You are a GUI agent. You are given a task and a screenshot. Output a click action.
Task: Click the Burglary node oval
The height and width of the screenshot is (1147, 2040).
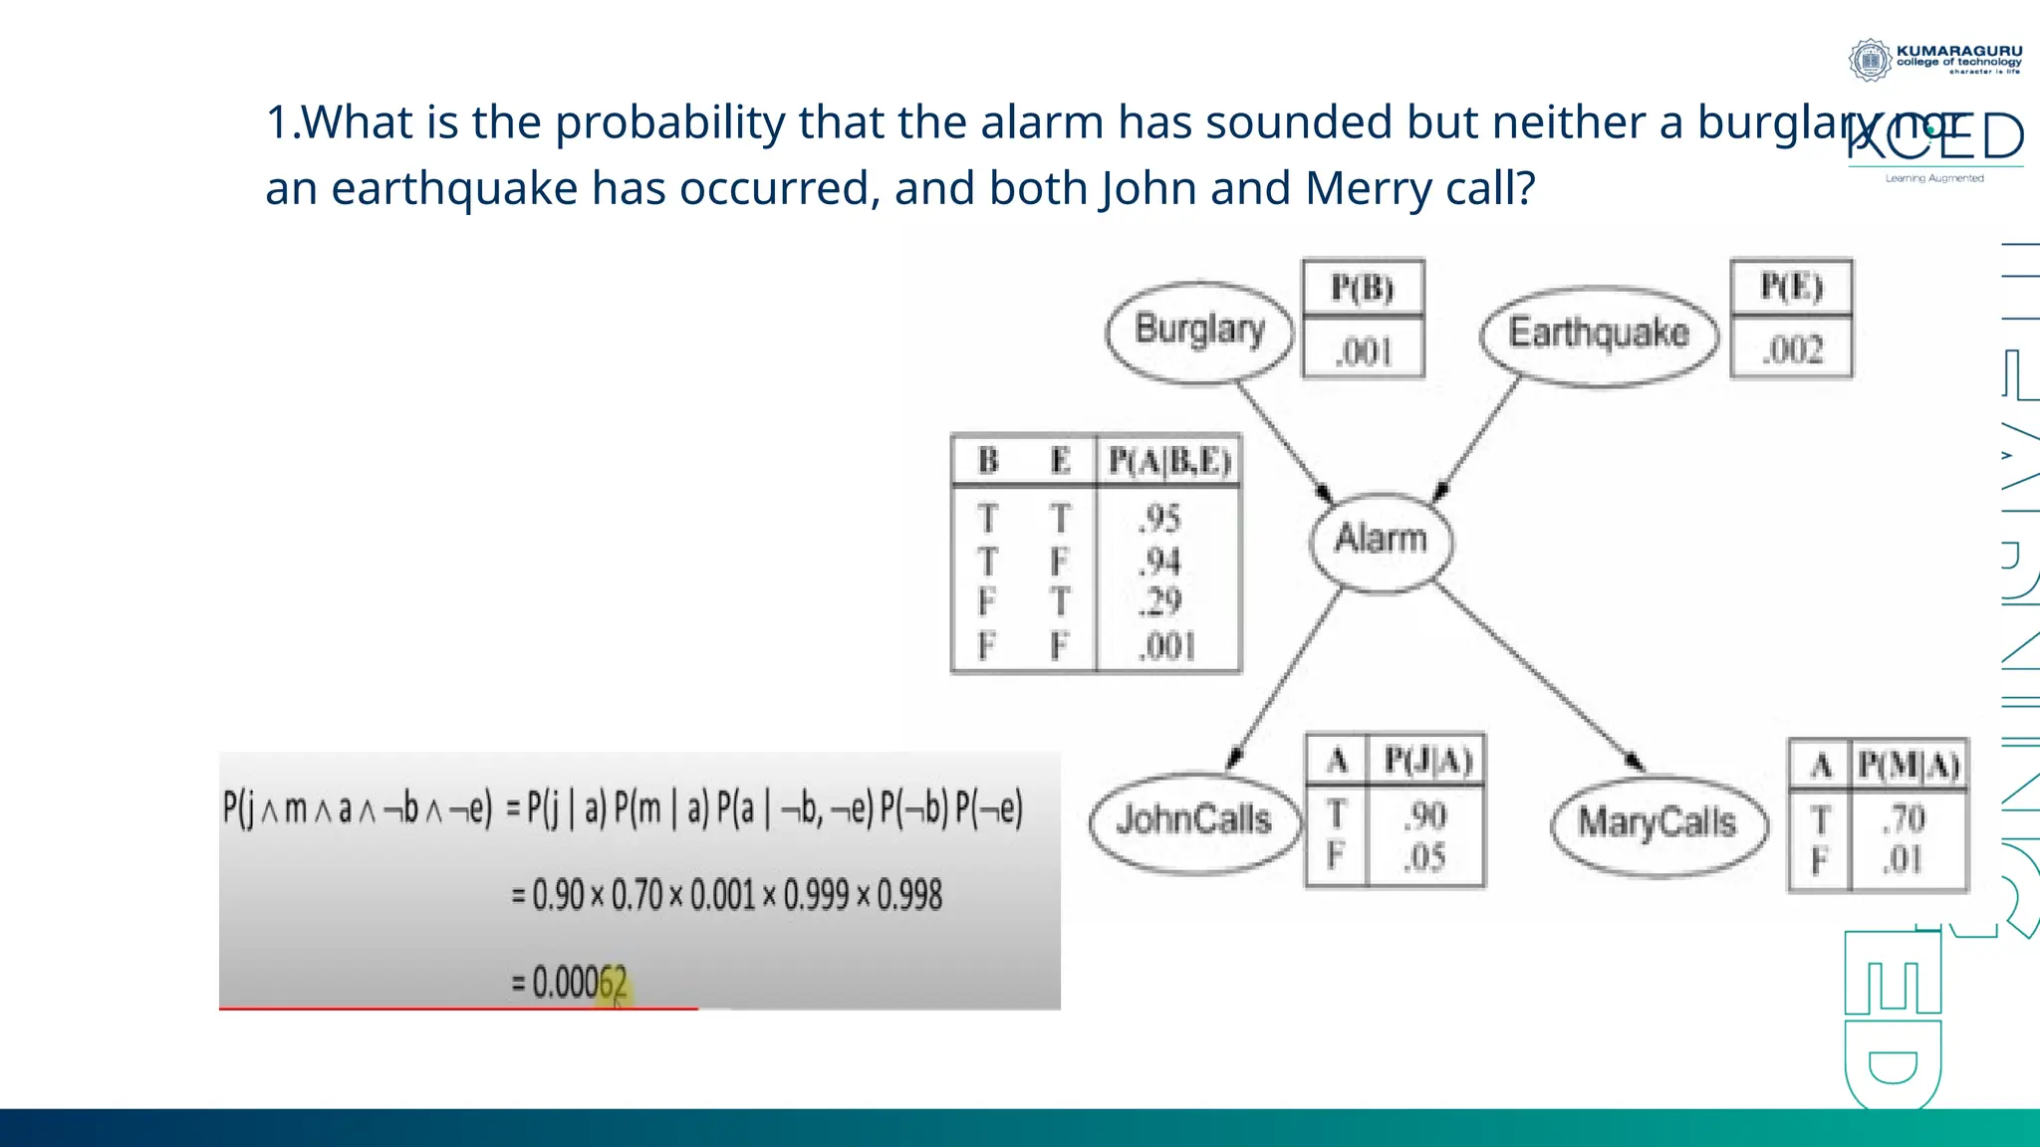click(x=1199, y=331)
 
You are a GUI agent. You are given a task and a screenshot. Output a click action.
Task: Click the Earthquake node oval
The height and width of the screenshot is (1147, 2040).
click(x=1599, y=335)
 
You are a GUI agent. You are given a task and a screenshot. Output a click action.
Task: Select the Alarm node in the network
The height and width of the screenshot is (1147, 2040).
click(x=1381, y=540)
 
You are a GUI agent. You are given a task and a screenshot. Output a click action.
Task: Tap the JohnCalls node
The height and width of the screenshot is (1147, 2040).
click(x=1193, y=821)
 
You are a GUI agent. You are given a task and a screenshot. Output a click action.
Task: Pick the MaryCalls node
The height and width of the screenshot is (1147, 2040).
click(x=1657, y=824)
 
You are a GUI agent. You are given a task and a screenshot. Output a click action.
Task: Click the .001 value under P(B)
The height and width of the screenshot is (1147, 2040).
click(x=1364, y=351)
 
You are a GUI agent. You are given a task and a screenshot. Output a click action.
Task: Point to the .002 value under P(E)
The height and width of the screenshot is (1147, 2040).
click(x=1793, y=350)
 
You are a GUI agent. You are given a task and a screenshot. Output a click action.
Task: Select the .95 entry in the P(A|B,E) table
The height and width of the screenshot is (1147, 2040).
click(x=1160, y=519)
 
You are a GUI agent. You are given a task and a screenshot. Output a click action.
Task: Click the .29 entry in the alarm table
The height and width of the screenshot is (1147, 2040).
click(x=1160, y=602)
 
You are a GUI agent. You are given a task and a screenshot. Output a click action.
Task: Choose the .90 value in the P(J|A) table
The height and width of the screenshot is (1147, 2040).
click(x=1425, y=816)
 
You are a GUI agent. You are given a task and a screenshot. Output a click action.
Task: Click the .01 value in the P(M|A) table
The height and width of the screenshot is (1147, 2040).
click(x=1903, y=859)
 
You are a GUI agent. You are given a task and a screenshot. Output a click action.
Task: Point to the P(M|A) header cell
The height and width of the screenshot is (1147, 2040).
click(x=1909, y=766)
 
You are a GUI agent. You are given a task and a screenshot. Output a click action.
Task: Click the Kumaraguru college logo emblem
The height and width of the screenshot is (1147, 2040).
click(x=1870, y=60)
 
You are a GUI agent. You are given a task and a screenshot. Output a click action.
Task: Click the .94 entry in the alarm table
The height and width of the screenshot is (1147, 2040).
click(x=1160, y=562)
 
